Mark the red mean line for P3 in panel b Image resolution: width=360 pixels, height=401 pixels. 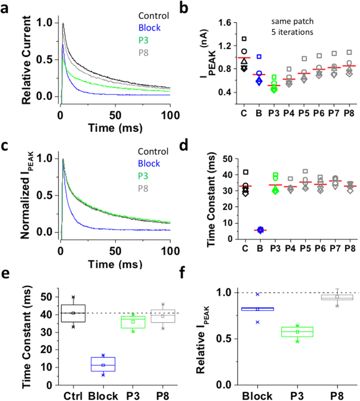[x=274, y=86]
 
